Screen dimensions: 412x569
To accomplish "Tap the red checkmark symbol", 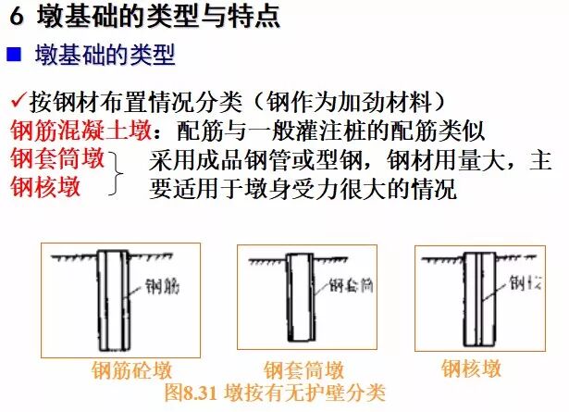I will (x=19, y=101).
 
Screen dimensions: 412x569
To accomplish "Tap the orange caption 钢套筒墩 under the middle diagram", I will (x=304, y=371).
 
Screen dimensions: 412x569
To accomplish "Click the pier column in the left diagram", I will (x=106, y=296).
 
